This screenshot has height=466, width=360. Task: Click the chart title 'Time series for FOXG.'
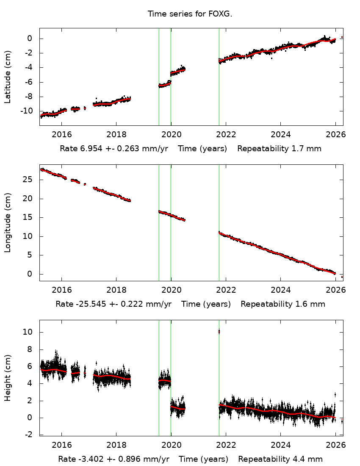tap(190, 14)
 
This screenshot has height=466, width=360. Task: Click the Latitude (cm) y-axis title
tap(8, 77)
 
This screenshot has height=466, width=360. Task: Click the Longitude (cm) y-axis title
tap(8, 222)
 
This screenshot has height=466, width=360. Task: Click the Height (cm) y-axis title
tap(8, 378)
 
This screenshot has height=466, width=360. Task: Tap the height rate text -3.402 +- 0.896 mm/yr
tap(115, 459)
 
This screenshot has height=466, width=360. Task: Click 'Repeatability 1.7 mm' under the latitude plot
tap(279, 149)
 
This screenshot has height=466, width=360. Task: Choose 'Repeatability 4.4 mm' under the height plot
tap(280, 459)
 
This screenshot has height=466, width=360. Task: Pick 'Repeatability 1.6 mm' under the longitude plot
tap(283, 304)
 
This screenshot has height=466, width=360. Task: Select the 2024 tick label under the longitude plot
tap(280, 289)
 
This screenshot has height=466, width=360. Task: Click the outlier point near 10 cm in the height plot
tap(219, 332)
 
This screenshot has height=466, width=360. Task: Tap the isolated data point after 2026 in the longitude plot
tap(342, 277)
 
